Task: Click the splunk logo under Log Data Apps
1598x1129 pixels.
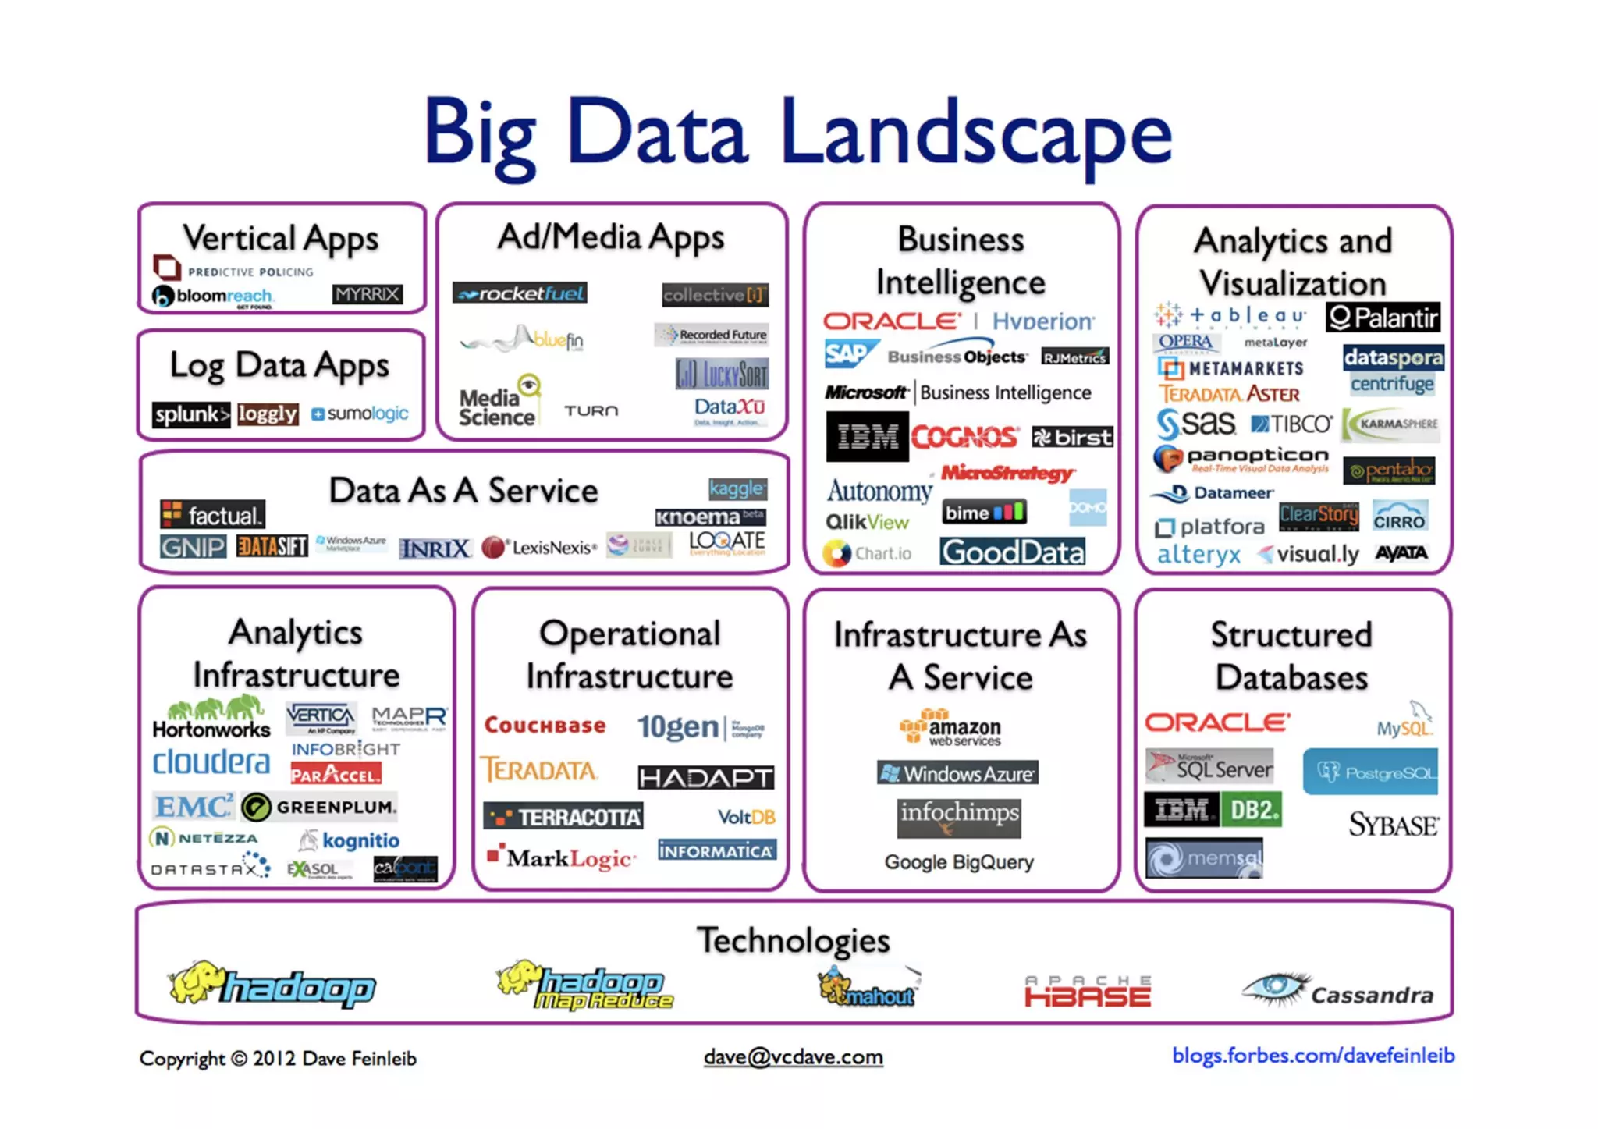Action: click(190, 414)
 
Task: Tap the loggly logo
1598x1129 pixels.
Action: click(268, 414)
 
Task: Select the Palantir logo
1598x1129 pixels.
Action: click(1383, 318)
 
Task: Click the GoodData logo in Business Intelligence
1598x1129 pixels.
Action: click(1012, 552)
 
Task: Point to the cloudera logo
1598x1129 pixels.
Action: click(211, 762)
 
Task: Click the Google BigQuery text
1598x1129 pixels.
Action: click(959, 862)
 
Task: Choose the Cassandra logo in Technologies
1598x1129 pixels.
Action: click(1338, 991)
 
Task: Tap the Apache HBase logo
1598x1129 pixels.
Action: click(1088, 992)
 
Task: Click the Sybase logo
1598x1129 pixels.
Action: click(1394, 825)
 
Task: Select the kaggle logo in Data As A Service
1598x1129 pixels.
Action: click(737, 488)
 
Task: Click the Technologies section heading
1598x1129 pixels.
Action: click(793, 940)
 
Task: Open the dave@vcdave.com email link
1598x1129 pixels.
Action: click(793, 1057)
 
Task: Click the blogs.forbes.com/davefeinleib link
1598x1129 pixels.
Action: click(1313, 1056)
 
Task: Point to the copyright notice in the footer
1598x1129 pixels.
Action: click(278, 1059)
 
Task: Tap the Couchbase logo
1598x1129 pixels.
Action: click(545, 726)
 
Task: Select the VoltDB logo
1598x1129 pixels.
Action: click(746, 817)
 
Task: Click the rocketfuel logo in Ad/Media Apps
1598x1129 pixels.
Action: click(520, 293)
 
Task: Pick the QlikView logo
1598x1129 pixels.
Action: click(867, 522)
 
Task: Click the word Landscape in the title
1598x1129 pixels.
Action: click(975, 133)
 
